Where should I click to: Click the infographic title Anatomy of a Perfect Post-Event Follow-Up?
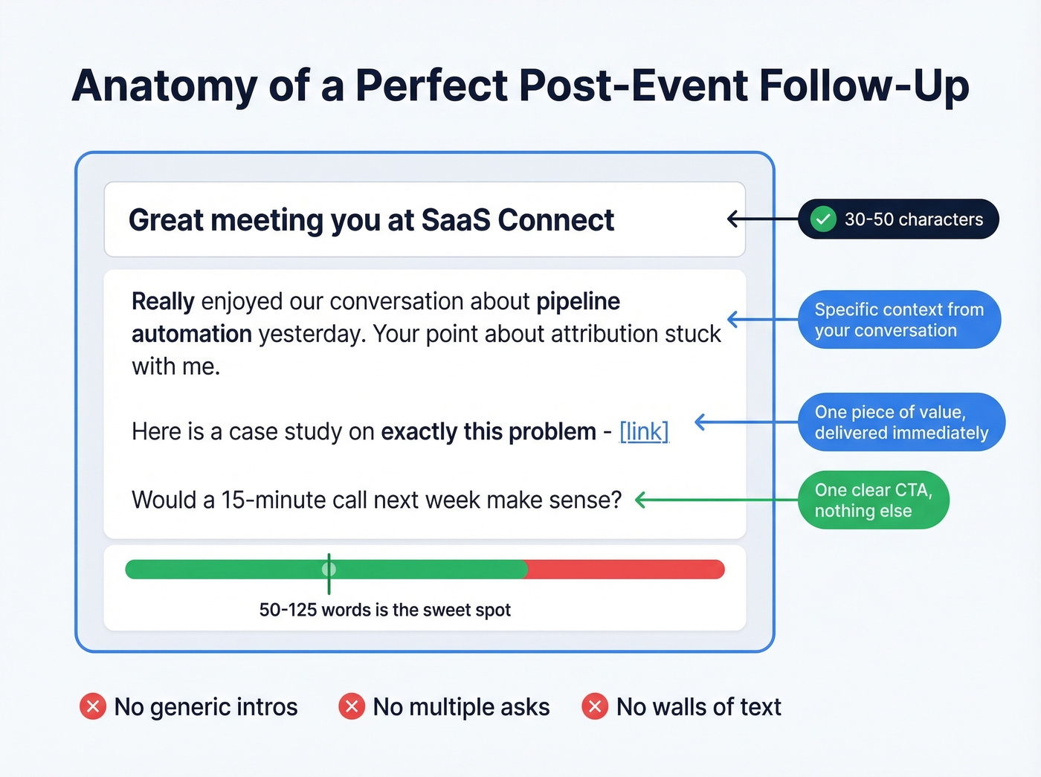(x=520, y=86)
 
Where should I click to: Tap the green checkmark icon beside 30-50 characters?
(x=822, y=219)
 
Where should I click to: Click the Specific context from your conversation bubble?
(x=899, y=320)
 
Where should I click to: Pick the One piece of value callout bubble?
(x=901, y=422)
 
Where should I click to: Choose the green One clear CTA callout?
(x=873, y=500)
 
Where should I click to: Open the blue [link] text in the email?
(x=644, y=431)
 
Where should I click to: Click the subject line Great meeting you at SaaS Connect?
(x=371, y=220)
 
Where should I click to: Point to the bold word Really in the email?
(x=163, y=302)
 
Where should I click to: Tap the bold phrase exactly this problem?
(x=489, y=431)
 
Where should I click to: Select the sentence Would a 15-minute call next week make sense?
(x=376, y=500)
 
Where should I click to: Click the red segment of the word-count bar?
(x=625, y=570)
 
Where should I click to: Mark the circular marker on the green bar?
(x=329, y=570)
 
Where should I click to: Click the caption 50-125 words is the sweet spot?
(x=384, y=610)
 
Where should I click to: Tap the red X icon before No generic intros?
(x=93, y=706)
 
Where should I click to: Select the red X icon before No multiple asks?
(x=352, y=706)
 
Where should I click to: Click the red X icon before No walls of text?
(x=595, y=706)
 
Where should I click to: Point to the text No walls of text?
(x=698, y=706)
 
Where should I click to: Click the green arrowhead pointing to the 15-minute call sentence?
(x=641, y=500)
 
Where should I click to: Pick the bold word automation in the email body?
(x=192, y=334)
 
